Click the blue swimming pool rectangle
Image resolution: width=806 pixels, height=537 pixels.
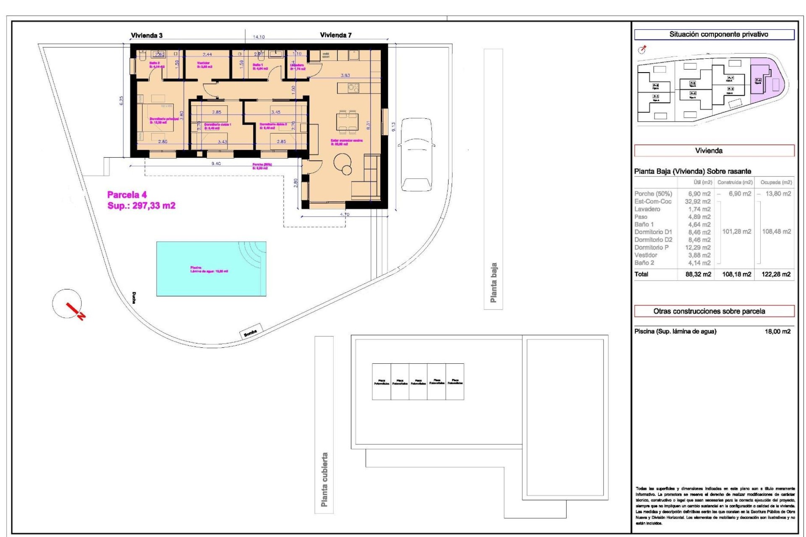click(x=211, y=268)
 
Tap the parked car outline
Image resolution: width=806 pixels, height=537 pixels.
click(x=416, y=154)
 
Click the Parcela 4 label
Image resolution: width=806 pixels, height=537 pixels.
click(x=127, y=195)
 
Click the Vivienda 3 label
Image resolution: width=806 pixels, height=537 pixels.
click(x=147, y=36)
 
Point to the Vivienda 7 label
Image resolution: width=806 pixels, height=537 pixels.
click(x=335, y=35)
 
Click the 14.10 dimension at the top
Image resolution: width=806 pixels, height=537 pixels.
click(x=259, y=37)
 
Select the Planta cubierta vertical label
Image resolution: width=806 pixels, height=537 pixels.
click(x=324, y=479)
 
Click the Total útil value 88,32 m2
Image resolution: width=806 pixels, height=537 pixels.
click(x=698, y=274)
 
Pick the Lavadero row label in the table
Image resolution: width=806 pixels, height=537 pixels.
click(x=647, y=209)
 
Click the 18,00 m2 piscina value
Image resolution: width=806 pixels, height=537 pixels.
click(x=777, y=331)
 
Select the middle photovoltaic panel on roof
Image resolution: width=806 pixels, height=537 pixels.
click(x=418, y=382)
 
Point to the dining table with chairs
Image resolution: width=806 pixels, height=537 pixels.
click(x=348, y=121)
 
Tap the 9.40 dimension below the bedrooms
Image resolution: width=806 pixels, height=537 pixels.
click(x=216, y=164)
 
